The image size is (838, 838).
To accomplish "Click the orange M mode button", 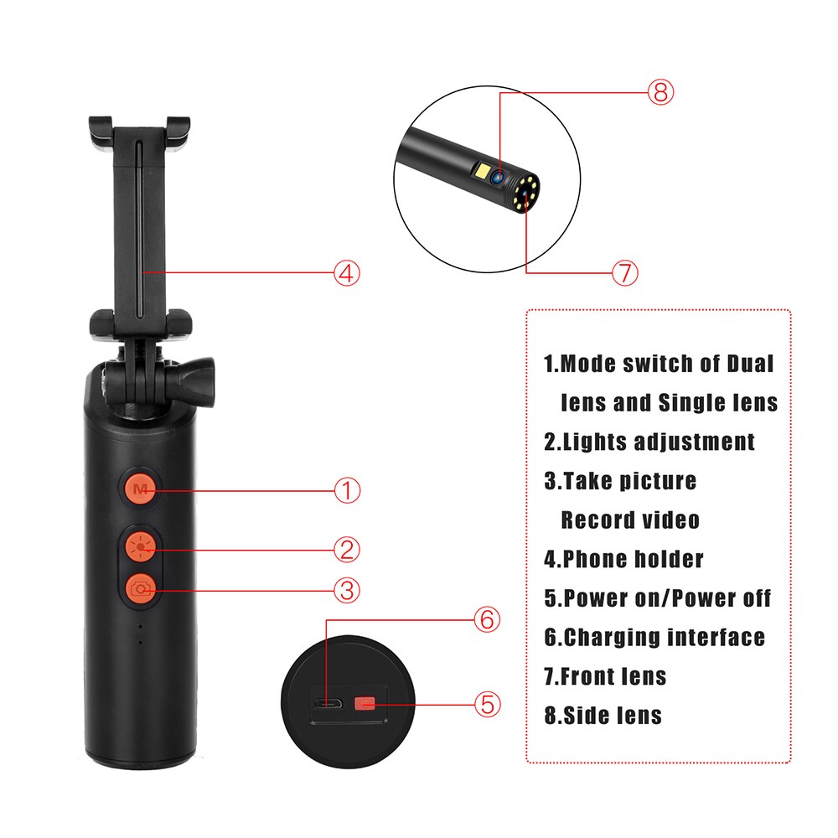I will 140,489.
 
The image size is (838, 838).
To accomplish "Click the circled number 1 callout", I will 347,490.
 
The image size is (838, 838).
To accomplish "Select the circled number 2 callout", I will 347,550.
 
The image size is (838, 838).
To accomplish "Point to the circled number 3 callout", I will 347,590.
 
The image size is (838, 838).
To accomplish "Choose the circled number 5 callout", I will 488,703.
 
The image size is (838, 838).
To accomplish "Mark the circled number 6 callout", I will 486,620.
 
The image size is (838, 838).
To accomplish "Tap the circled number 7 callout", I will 624,272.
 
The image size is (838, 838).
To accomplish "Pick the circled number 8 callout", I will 660,92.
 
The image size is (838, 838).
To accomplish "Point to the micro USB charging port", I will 327,704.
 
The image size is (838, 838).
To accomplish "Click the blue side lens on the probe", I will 498,177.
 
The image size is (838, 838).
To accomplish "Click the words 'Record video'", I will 629,520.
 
